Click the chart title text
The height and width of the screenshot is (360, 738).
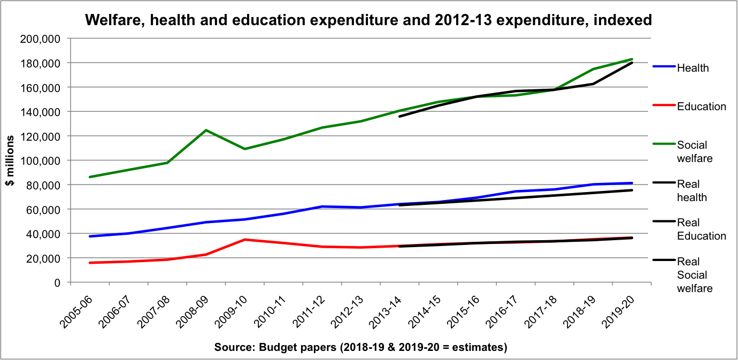pyautogui.click(x=368, y=20)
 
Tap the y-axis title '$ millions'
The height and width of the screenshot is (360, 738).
pyautogui.click(x=10, y=160)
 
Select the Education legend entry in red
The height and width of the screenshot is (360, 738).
pyautogui.click(x=701, y=106)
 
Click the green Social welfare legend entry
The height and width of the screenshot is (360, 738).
pyautogui.click(x=692, y=151)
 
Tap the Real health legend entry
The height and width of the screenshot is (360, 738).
pyautogui.click(x=692, y=190)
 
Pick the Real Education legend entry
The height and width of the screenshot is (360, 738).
pyautogui.click(x=701, y=229)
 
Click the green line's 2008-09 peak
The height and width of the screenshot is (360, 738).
pyautogui.click(x=206, y=130)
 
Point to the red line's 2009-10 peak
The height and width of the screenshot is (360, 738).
pyautogui.click(x=245, y=240)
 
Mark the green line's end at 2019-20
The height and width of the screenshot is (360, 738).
pyautogui.click(x=632, y=59)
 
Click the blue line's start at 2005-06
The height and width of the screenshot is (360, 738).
pyautogui.click(x=89, y=236)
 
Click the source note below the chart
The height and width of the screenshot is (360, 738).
pyautogui.click(x=360, y=347)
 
